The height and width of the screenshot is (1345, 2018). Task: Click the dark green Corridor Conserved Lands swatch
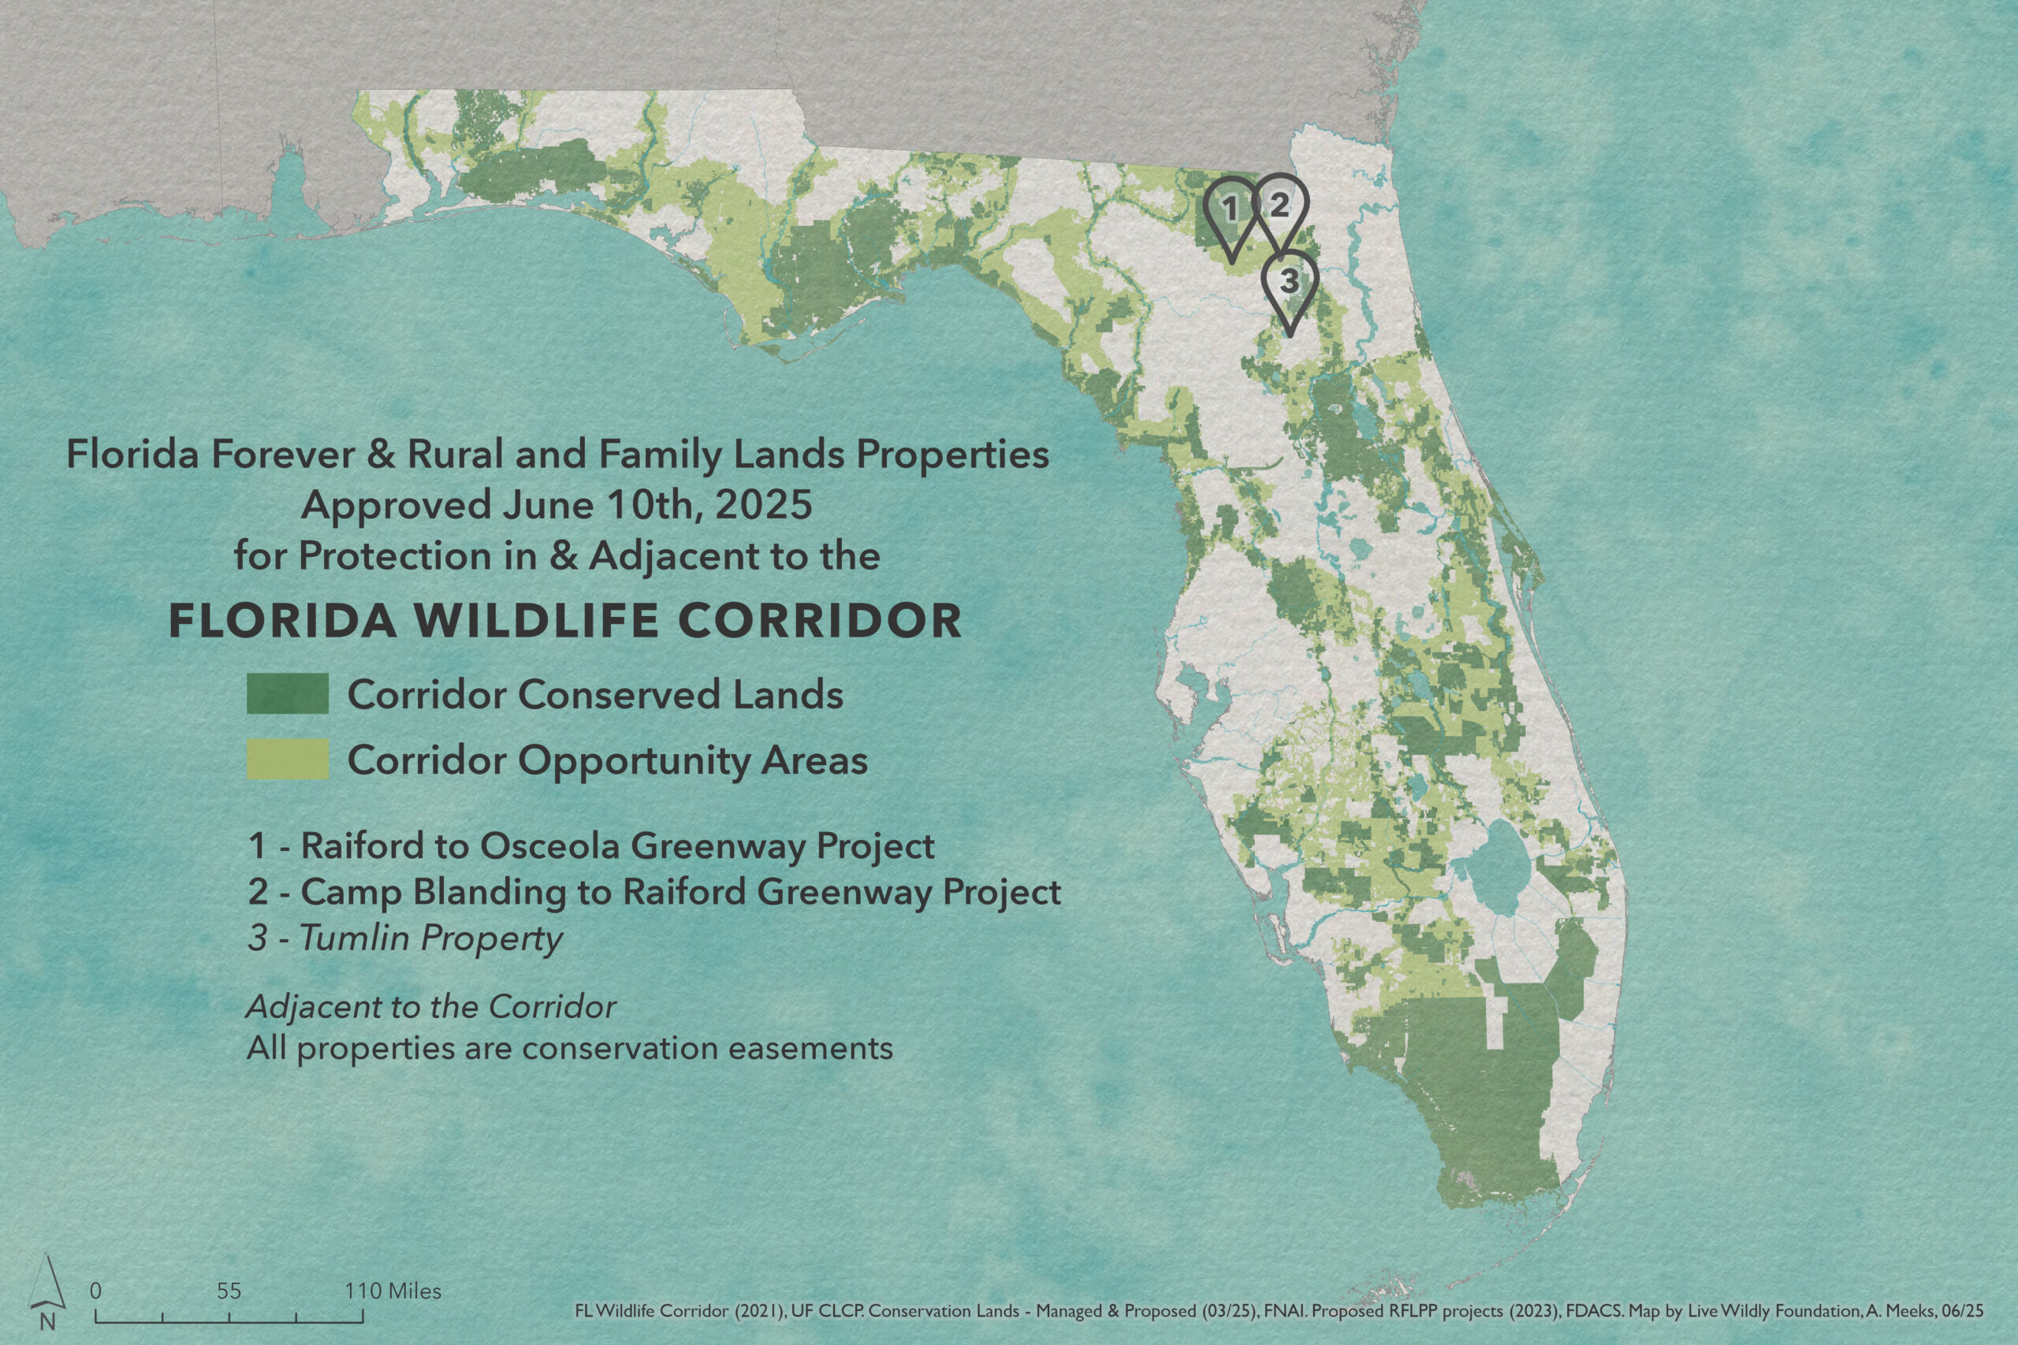(x=288, y=693)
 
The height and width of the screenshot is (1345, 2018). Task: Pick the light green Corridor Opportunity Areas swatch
(x=288, y=759)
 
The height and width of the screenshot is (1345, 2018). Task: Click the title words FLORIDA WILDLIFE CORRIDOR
(x=565, y=621)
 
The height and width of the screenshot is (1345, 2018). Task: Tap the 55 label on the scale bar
(x=229, y=1291)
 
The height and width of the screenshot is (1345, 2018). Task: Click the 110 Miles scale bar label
(x=393, y=1291)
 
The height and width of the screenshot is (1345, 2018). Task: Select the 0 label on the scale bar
(x=96, y=1291)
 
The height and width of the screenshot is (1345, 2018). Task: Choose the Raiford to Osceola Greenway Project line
(x=591, y=845)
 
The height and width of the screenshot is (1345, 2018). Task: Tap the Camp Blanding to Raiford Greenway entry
(x=654, y=892)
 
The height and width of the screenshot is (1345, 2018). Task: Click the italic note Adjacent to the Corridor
(x=430, y=1007)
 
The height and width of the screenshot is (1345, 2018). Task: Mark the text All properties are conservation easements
(x=570, y=1048)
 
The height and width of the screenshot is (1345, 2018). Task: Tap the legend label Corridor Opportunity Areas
(x=608, y=761)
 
